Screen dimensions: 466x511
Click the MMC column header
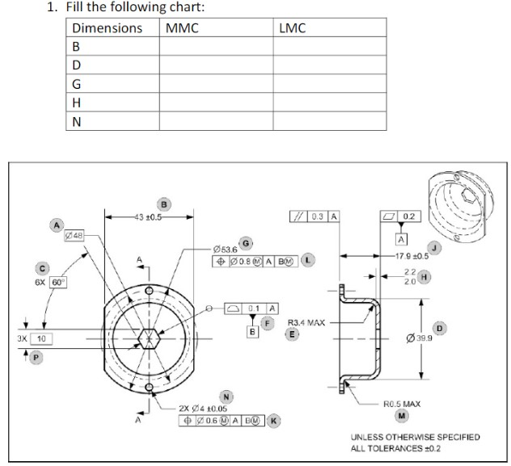point(182,28)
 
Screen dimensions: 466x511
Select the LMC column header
point(292,28)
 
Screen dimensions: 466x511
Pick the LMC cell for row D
point(329,64)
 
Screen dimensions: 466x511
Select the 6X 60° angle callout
point(52,282)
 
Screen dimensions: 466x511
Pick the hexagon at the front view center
point(149,338)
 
